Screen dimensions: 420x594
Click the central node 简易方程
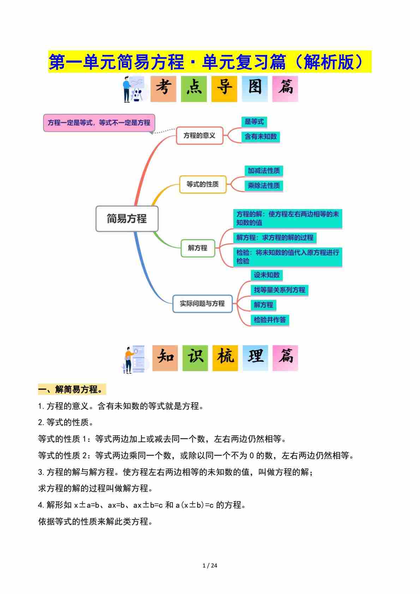127,219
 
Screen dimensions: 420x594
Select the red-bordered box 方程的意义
200,136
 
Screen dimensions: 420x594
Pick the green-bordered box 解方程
198,248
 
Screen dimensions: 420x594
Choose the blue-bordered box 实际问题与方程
202,304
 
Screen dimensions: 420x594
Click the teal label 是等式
254,122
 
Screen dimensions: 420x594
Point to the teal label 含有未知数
260,137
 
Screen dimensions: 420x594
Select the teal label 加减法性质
264,171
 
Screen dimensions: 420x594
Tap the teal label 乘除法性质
264,186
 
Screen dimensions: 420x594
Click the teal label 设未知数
267,275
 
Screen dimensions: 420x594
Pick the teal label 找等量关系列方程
280,290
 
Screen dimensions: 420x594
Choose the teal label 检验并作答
270,320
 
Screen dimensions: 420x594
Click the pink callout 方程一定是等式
99,123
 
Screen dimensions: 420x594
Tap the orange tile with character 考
163,89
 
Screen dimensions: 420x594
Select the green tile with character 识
195,358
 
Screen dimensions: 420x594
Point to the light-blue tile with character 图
255,89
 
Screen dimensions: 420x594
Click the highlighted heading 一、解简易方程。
72,390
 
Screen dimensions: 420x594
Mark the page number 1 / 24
210,566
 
